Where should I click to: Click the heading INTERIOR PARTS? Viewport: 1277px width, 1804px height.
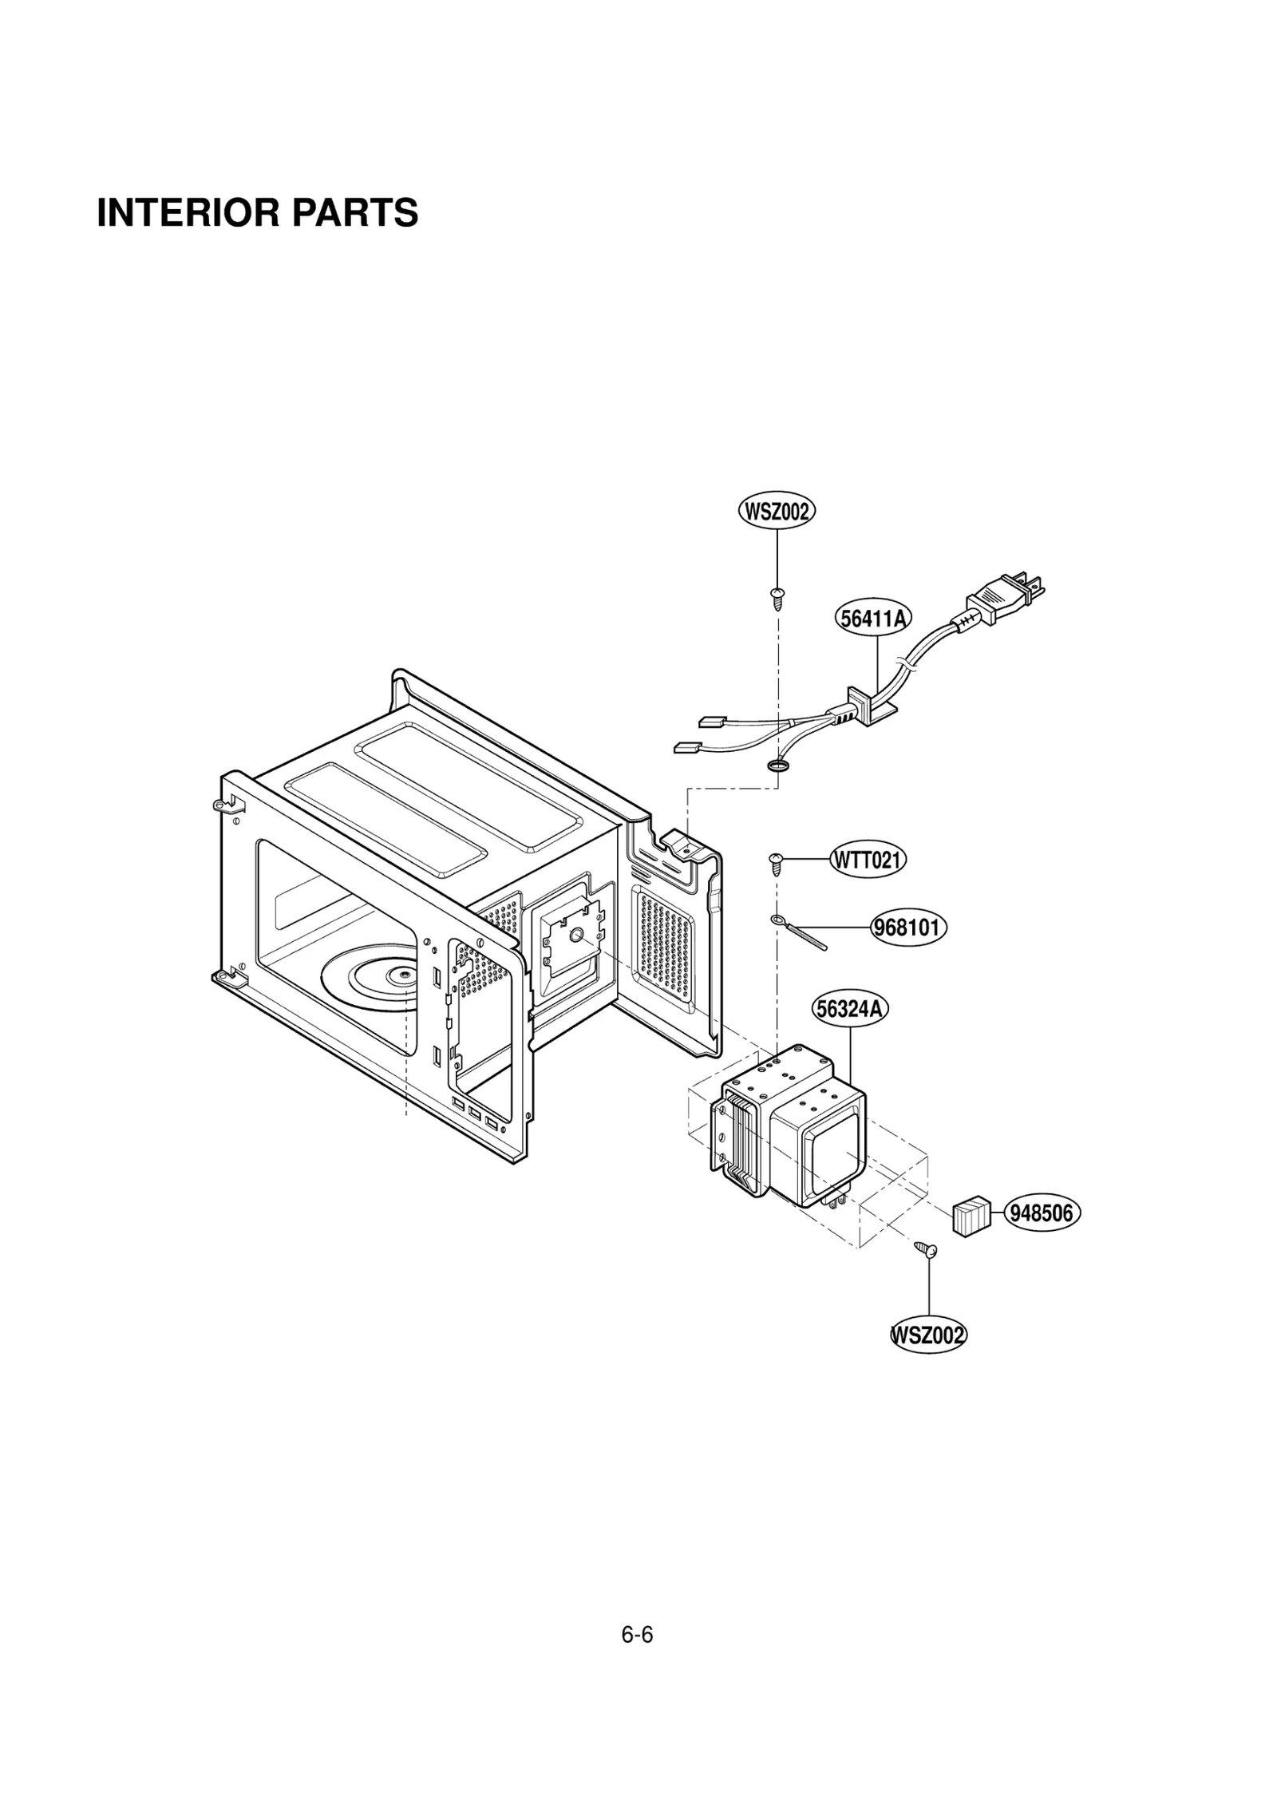257,213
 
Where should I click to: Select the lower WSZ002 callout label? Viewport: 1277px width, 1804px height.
928,1335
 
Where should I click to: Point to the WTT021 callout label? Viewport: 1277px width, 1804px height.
868,860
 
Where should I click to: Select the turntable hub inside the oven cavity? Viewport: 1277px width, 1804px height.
399,974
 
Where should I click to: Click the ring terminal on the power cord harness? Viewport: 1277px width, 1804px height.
777,767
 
